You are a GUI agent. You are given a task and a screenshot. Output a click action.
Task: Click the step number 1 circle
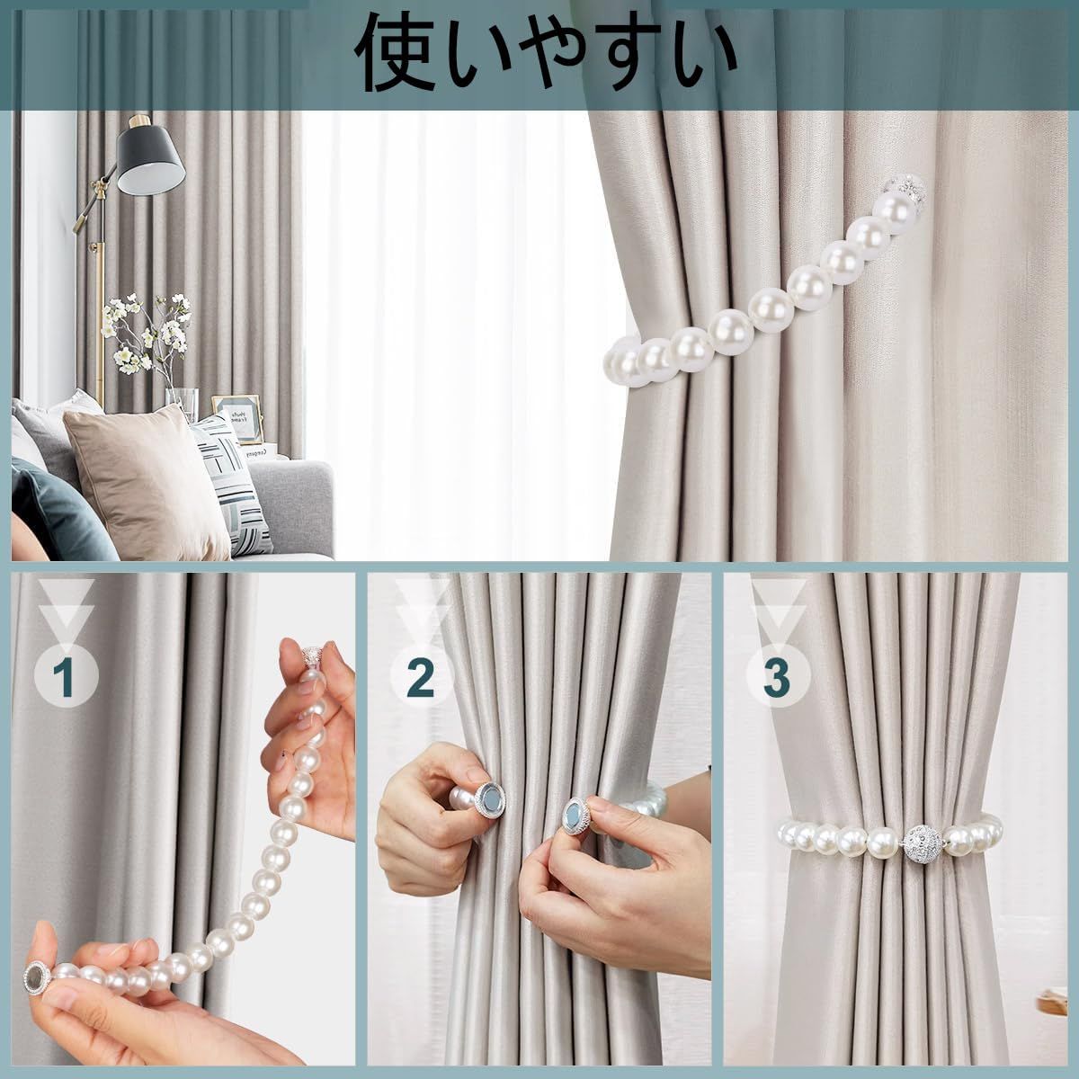pyautogui.click(x=67, y=678)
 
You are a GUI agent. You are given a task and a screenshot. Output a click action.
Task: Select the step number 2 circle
pyautogui.click(x=421, y=678)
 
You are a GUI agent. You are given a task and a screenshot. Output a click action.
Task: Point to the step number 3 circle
pyautogui.click(x=777, y=678)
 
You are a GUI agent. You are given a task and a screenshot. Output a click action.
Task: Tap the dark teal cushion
pyautogui.click(x=56, y=510)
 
